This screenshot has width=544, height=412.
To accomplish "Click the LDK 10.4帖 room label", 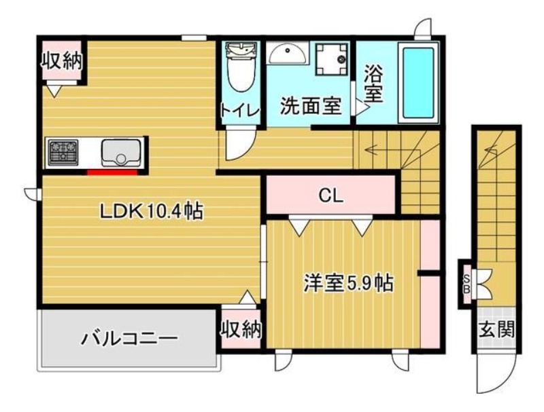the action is click(151, 211).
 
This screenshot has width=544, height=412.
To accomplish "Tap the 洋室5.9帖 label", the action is click(349, 283).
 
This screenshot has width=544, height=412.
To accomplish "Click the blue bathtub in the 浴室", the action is click(418, 82).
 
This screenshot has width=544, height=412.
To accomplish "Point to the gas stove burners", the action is click(63, 152).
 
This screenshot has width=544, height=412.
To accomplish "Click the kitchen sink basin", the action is click(122, 152).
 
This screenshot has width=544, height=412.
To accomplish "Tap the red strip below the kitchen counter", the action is click(112, 172).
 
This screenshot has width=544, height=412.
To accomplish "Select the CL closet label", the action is click(331, 195).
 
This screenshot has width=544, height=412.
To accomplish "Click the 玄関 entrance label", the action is click(496, 329).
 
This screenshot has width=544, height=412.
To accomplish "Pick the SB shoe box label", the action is click(466, 284).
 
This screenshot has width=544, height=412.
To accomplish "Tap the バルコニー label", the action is click(129, 337).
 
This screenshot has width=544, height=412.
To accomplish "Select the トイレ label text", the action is click(241, 111).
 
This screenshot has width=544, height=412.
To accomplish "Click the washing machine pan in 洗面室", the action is click(332, 59).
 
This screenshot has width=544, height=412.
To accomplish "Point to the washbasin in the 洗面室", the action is click(288, 54).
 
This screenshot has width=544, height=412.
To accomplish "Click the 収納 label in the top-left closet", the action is click(62, 61).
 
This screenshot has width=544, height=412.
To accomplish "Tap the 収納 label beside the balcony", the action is click(241, 329).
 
